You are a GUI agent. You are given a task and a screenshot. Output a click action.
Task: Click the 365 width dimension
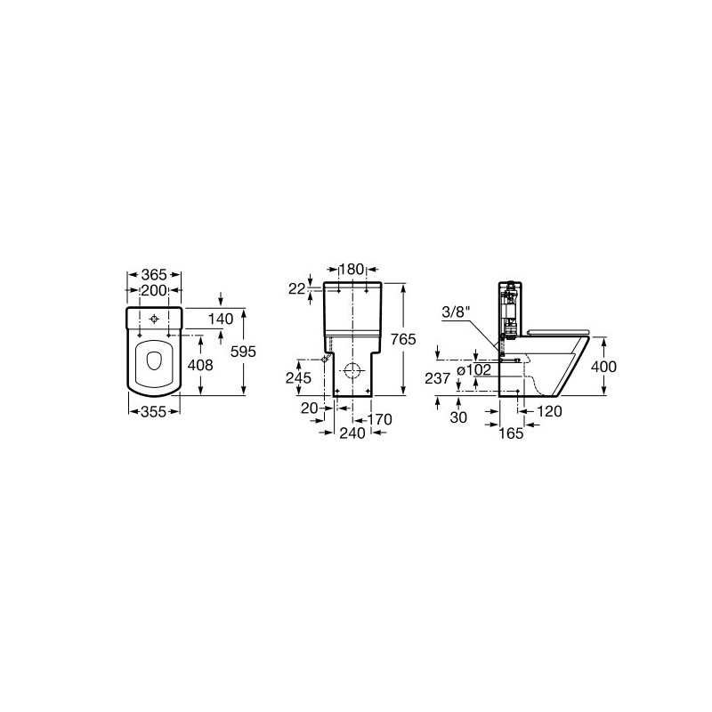point(154,275)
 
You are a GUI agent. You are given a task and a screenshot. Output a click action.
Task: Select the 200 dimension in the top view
point(154,290)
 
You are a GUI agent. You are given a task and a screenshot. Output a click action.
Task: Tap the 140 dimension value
point(221,319)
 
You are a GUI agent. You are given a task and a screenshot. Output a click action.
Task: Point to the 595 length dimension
point(243,352)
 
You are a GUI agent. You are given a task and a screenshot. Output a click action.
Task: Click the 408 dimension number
point(199,365)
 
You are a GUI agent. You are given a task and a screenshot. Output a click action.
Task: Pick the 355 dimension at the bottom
point(154,412)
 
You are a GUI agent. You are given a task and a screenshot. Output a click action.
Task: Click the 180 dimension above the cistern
point(352,270)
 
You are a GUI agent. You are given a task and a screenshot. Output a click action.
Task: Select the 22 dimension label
point(297,288)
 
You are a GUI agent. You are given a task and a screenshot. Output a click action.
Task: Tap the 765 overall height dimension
point(403,339)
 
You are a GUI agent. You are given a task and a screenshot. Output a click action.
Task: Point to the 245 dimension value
point(298,377)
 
